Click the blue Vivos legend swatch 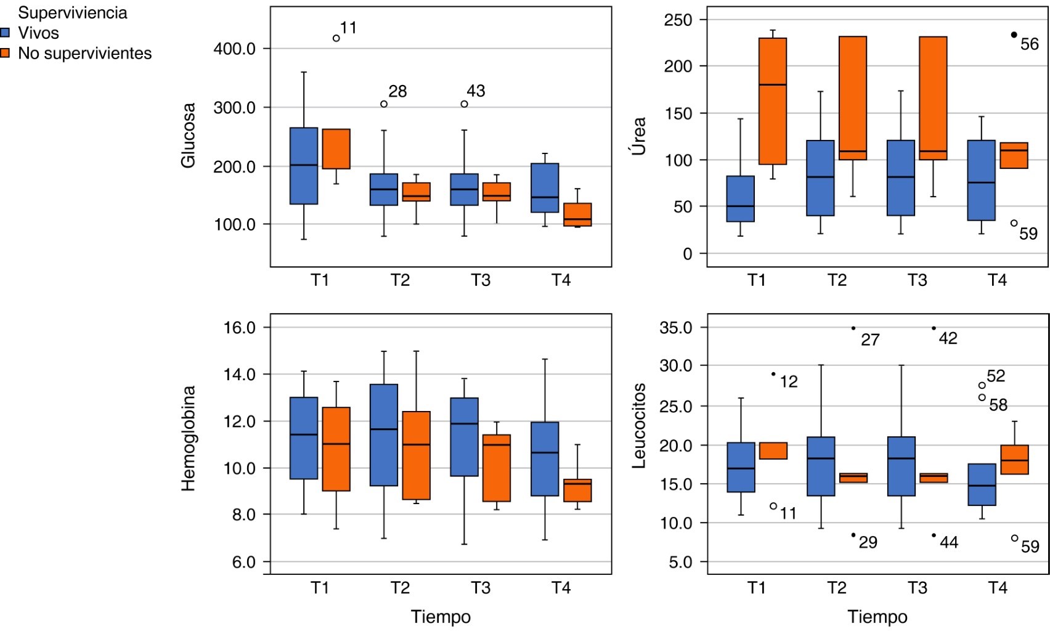(5, 33)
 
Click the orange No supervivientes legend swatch (5, 54)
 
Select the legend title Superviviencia (72, 13)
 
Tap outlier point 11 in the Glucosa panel (336, 38)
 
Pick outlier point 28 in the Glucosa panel (384, 104)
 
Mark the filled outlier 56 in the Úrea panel (1014, 35)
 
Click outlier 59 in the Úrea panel (1014, 223)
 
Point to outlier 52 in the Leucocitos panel (982, 386)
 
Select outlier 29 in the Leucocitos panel (853, 535)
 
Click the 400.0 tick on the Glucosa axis (234, 49)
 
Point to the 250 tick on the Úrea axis (678, 20)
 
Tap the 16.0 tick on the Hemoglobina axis (239, 328)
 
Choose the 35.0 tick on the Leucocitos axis (675, 328)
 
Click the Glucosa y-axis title (188, 135)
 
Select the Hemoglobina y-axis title (188, 438)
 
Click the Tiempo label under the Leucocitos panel (877, 617)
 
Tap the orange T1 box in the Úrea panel (773, 101)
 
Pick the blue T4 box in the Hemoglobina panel (545, 459)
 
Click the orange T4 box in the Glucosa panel (577, 214)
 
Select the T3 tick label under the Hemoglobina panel (481, 588)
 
